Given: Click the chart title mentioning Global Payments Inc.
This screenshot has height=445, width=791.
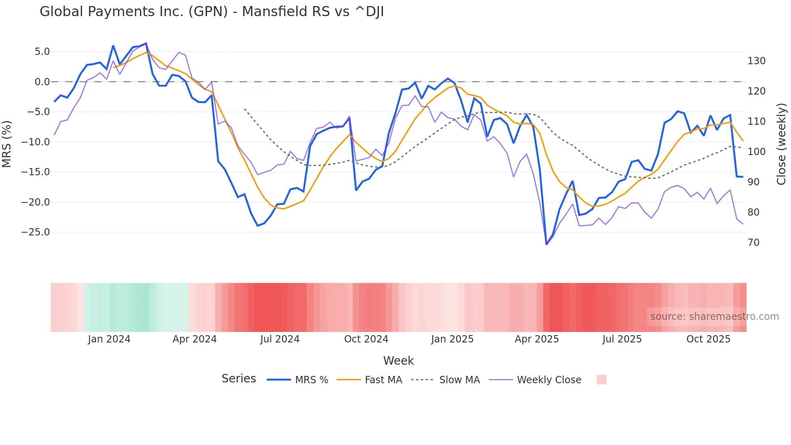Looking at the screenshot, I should [211, 12].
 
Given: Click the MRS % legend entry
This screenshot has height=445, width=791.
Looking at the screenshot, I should [311, 380].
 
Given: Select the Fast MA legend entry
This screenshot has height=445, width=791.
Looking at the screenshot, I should [383, 380].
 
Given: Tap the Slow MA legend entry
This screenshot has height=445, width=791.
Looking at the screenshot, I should [459, 380].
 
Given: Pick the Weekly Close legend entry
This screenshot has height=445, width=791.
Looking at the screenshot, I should [549, 380].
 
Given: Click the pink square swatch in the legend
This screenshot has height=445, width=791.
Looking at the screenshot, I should [601, 380].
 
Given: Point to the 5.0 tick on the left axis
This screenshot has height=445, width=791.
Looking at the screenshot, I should [42, 52].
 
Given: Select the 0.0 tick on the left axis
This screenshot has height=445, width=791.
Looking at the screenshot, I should [42, 82].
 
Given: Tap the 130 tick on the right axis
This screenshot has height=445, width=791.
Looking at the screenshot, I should [756, 61].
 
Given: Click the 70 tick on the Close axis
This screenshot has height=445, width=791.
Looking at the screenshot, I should [753, 243].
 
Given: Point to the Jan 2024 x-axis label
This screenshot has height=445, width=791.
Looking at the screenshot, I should [109, 339].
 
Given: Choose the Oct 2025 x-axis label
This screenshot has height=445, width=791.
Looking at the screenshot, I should [708, 339].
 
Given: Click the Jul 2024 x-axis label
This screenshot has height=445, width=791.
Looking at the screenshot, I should [280, 339].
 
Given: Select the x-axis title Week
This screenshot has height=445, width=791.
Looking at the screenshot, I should [398, 361].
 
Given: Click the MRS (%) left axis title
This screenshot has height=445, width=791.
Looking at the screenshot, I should [7, 144].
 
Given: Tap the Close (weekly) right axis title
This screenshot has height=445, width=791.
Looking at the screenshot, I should [781, 144].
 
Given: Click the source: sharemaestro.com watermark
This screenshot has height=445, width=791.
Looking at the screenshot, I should [714, 317].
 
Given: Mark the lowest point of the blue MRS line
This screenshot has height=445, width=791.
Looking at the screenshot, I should [546, 244].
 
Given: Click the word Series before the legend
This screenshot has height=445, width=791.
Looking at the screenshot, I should [239, 379].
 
